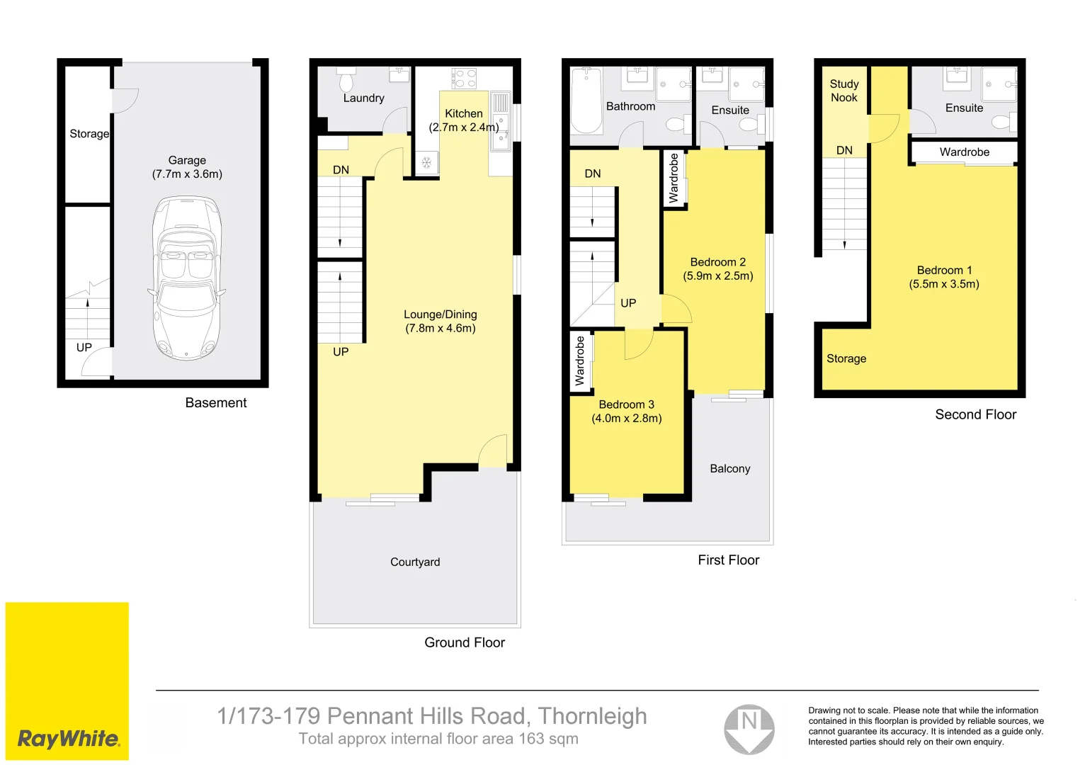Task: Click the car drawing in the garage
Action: coord(186,278)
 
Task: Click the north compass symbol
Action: coord(749,729)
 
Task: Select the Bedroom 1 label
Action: coord(944,270)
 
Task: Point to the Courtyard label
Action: coord(415,562)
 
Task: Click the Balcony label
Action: coord(729,468)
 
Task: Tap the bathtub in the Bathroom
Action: coord(586,100)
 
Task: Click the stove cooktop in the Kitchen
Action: coord(464,78)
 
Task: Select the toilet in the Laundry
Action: coord(346,81)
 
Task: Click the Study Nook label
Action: coord(843,91)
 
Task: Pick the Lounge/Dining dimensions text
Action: coord(440,328)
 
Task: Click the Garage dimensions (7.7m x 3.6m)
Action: coord(187,174)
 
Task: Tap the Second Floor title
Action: coord(975,414)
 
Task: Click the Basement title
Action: coord(215,402)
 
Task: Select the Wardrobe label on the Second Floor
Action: coord(964,152)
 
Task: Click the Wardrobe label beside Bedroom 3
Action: coord(580,361)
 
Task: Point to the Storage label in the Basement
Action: coord(89,133)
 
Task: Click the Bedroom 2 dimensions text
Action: coord(717,276)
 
